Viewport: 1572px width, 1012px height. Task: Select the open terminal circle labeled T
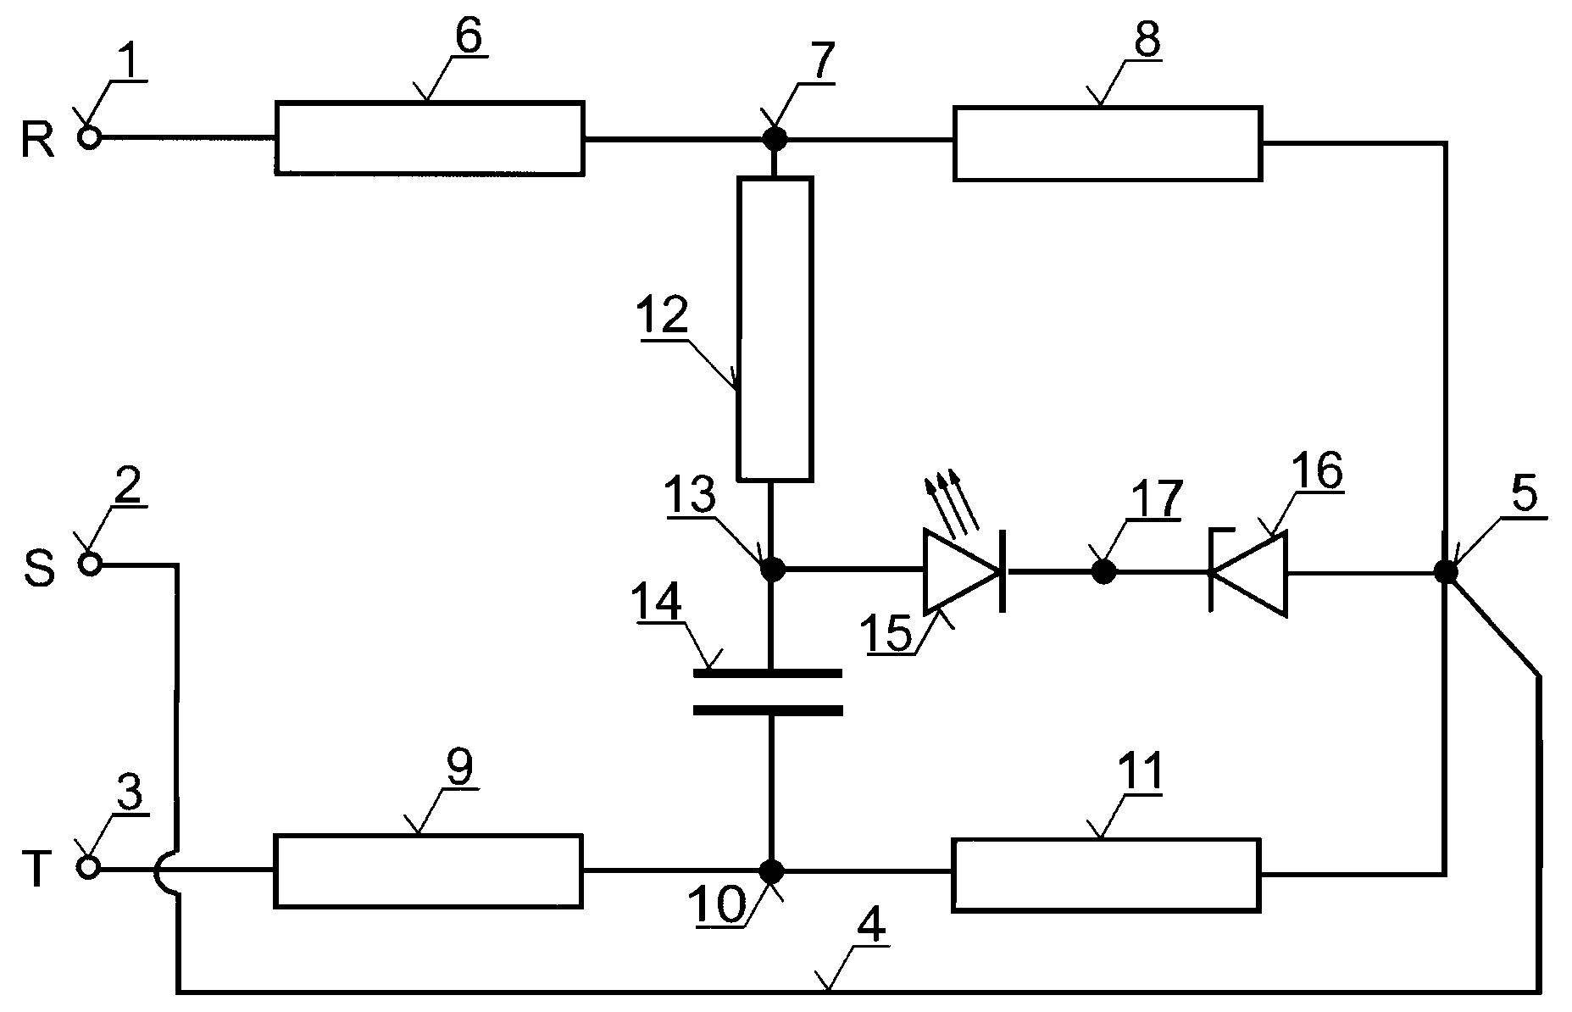[90, 867]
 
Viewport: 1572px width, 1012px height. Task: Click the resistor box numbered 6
[429, 138]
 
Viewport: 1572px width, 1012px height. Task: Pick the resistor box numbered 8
[1108, 143]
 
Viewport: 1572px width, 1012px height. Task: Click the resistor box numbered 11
[1106, 875]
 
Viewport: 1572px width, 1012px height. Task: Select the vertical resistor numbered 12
[775, 329]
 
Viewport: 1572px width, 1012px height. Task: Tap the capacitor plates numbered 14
[768, 692]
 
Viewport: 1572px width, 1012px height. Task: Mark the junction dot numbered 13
[773, 569]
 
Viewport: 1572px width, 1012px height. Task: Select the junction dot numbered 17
[1103, 572]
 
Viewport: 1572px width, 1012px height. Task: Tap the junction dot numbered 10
[772, 870]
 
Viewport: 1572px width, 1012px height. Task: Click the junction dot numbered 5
[1446, 573]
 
